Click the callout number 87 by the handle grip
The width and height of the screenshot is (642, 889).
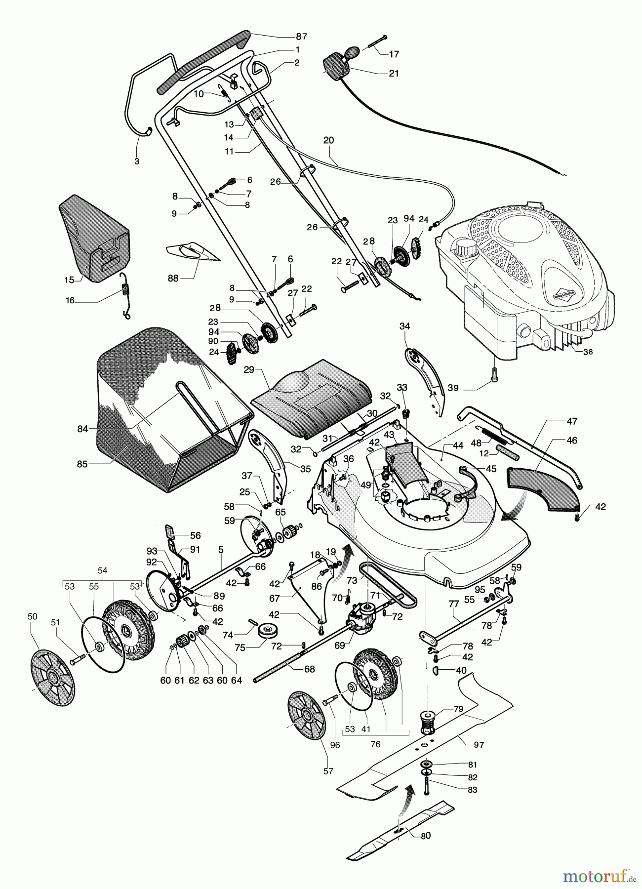click(x=301, y=36)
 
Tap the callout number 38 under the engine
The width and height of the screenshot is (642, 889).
click(x=588, y=352)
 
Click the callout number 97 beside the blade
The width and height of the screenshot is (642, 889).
click(x=479, y=745)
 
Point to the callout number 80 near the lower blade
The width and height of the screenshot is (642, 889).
click(x=425, y=836)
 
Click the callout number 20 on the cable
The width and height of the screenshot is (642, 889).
click(x=328, y=140)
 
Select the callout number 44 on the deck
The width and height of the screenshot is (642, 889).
click(x=458, y=445)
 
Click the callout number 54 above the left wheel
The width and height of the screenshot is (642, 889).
click(x=102, y=570)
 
